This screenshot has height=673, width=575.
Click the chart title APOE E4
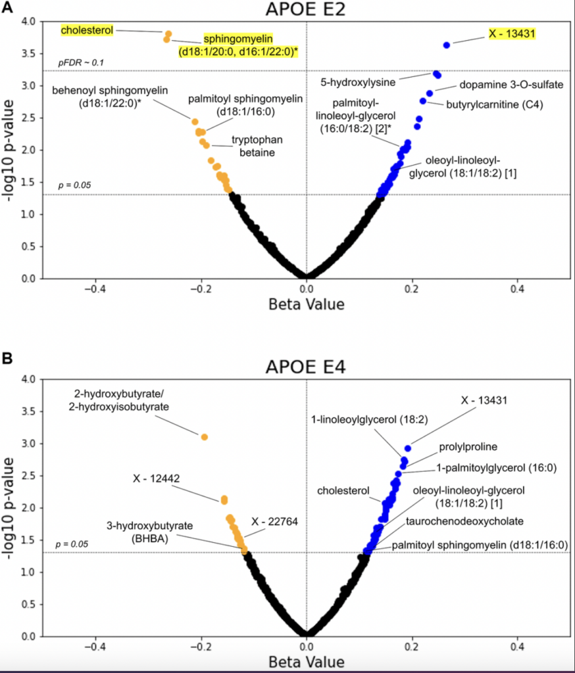pyautogui.click(x=306, y=367)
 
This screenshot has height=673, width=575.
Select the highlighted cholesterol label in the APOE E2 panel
pyautogui.click(x=86, y=30)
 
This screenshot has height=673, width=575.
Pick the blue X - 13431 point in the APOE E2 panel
pyautogui.click(x=447, y=45)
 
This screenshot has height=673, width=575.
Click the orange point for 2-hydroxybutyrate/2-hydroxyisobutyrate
pyautogui.click(x=205, y=437)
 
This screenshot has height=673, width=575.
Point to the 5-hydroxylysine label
pyautogui.click(x=358, y=83)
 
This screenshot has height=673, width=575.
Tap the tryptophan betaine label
pyautogui.click(x=253, y=146)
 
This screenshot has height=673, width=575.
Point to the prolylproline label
pyautogui.click(x=468, y=447)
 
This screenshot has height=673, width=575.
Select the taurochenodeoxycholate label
pyautogui.click(x=464, y=521)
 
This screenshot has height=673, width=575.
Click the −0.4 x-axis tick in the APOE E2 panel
pyautogui.click(x=96, y=289)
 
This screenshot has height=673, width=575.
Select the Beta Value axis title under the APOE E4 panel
pyautogui.click(x=306, y=660)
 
